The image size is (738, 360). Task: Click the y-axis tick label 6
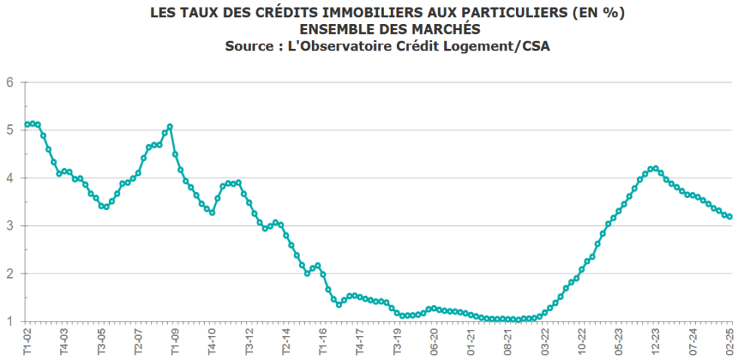pyautogui.click(x=11, y=82)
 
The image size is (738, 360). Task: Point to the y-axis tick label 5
pyautogui.click(x=11, y=130)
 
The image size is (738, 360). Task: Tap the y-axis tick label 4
pyautogui.click(x=11, y=178)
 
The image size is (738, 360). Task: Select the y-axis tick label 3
pyautogui.click(x=11, y=226)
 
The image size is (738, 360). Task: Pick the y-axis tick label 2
pyautogui.click(x=11, y=273)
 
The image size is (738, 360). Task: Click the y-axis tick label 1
pyautogui.click(x=11, y=322)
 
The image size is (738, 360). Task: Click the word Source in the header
pyautogui.click(x=249, y=46)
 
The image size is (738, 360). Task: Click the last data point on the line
pyautogui.click(x=729, y=217)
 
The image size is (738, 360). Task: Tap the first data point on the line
pyautogui.click(x=27, y=124)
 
